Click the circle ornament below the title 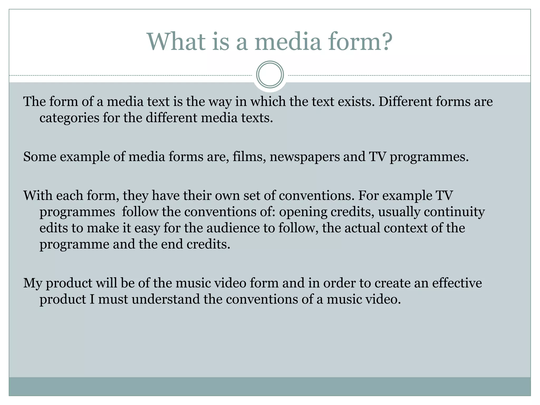click(270, 75)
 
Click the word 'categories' click(69, 118)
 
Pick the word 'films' click(249, 157)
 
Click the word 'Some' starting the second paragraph click(40, 157)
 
